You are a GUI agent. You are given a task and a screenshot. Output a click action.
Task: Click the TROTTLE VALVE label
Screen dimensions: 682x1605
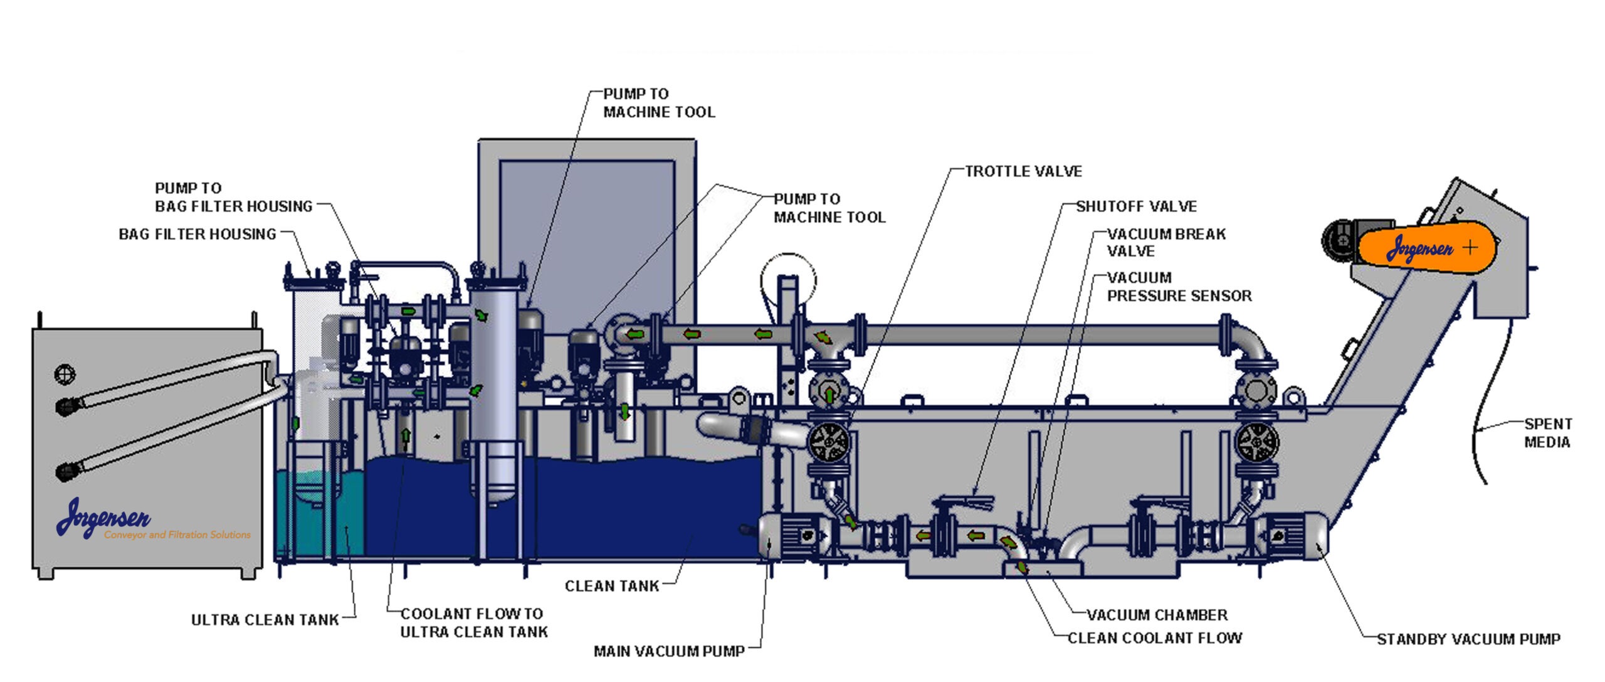point(1023,171)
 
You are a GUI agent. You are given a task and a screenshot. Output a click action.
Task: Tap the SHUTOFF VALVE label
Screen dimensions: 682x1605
point(1136,206)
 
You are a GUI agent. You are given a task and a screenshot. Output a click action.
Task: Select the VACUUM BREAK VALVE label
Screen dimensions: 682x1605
point(1166,242)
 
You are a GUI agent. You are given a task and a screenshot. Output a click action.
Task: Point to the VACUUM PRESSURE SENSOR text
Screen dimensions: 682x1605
point(1179,287)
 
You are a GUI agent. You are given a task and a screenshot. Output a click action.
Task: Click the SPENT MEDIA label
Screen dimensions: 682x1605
point(1547,433)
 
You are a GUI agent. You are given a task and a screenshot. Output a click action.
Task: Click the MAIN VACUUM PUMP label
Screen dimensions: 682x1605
point(669,651)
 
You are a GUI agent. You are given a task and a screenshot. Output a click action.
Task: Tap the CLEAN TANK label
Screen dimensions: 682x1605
point(612,586)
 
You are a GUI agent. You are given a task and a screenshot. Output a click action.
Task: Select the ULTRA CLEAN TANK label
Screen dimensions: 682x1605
point(265,620)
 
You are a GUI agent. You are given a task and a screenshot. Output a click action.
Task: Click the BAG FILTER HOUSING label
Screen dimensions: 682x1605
point(197,234)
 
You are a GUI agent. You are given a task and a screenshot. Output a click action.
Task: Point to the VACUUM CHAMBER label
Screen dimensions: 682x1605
point(1157,615)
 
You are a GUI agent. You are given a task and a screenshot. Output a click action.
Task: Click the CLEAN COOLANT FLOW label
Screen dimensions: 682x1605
point(1155,638)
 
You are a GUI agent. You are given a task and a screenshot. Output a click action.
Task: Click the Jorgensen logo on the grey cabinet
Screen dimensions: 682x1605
point(103,518)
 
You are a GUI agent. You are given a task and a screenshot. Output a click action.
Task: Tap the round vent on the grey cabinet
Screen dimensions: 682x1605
point(65,374)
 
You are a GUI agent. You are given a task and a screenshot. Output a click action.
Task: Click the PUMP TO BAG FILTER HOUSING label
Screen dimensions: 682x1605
point(233,197)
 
